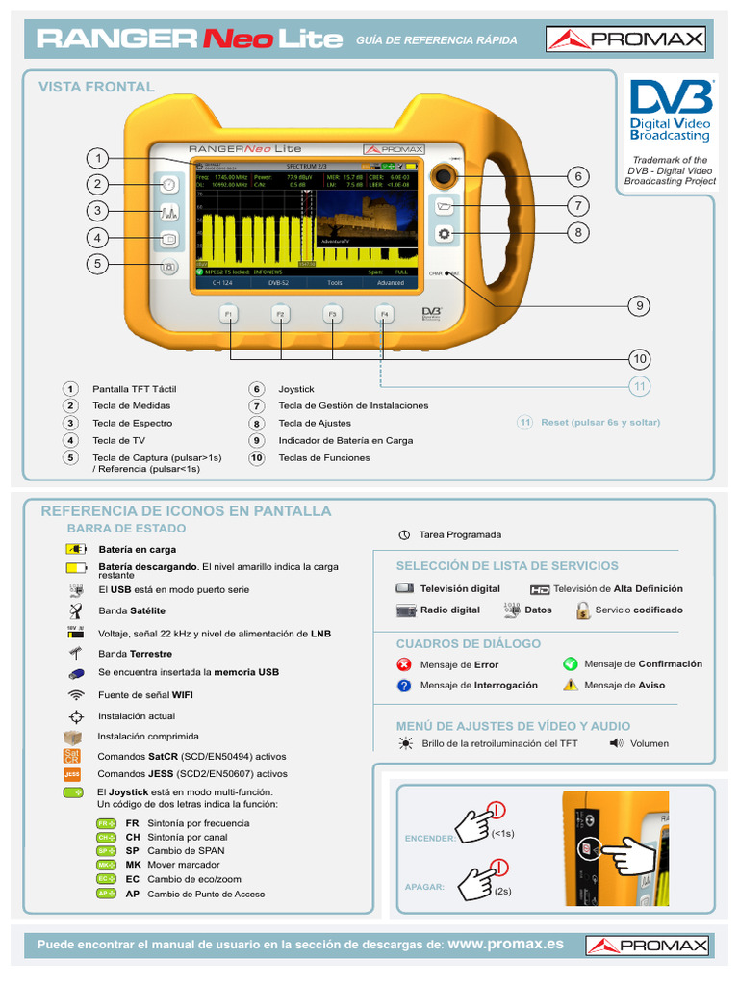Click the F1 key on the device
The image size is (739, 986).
[x=229, y=315]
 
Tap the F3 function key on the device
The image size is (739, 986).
[x=332, y=315]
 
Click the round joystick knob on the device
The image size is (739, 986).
[x=444, y=175]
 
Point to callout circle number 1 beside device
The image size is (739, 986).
[x=96, y=158]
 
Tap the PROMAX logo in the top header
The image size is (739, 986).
[x=625, y=39]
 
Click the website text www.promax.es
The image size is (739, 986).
[x=506, y=945]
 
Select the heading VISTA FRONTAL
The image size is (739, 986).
[x=96, y=87]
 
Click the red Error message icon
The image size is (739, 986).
[x=404, y=664]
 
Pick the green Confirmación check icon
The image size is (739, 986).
[x=570, y=663]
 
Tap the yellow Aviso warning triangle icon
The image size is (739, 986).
[x=571, y=685]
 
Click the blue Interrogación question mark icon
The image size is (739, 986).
[x=404, y=686]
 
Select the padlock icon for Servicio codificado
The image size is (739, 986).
[x=583, y=610]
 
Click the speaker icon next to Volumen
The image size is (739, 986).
[x=616, y=743]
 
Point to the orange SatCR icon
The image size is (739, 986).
[x=72, y=756]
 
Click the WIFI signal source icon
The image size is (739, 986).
[x=76, y=694]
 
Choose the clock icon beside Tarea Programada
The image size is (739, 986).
[x=404, y=534]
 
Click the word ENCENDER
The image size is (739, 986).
[x=429, y=839]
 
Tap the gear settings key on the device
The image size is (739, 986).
[x=444, y=234]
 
